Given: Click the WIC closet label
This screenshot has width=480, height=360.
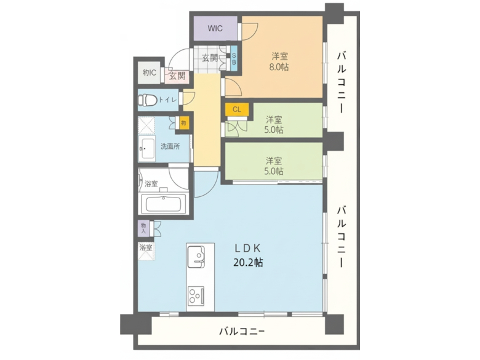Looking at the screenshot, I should (x=215, y=28).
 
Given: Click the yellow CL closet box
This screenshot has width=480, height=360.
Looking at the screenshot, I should (x=236, y=110).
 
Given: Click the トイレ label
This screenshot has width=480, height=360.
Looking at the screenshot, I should (x=168, y=99).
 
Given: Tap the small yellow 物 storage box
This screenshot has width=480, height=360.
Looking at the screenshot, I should (x=183, y=123).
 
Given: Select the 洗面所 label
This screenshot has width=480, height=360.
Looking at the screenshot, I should (x=170, y=146).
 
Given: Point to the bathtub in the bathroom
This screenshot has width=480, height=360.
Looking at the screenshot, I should (x=164, y=204).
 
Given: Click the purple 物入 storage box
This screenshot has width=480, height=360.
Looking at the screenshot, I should (x=143, y=229).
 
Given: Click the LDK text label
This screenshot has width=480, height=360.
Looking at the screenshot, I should (x=248, y=249).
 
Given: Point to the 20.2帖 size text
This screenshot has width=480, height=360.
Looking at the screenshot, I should (x=248, y=262).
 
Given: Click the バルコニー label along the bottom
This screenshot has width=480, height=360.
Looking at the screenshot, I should (x=242, y=332).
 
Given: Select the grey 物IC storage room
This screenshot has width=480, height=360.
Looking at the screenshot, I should (x=148, y=73).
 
